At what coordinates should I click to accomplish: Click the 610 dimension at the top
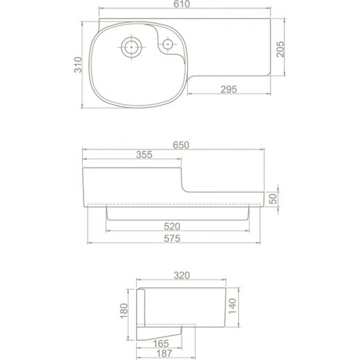[x=182, y=4]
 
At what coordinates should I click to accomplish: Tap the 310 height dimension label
[x=78, y=65]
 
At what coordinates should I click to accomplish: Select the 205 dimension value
[x=280, y=49]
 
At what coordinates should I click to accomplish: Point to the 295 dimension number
[x=229, y=89]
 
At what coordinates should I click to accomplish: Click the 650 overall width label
[x=181, y=145]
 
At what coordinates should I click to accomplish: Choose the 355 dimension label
[x=144, y=155]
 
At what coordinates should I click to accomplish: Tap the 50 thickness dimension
[x=273, y=199]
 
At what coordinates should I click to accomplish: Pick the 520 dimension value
[x=172, y=227]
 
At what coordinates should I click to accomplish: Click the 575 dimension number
[x=172, y=239]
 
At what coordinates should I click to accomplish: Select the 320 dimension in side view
[x=182, y=275]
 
